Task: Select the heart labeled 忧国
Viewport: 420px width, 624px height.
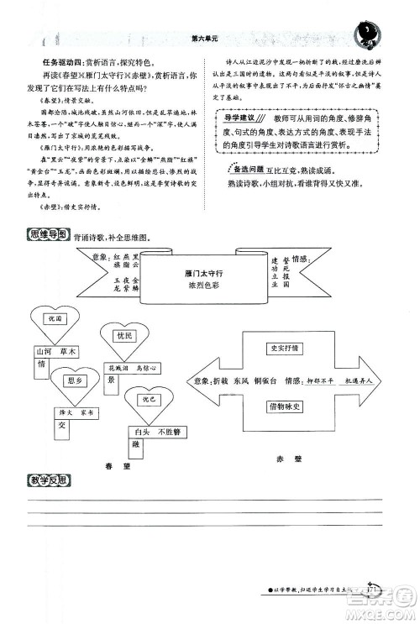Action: click(x=56, y=319)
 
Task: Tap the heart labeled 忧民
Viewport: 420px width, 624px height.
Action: click(x=125, y=335)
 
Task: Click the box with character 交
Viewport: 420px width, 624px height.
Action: click(x=61, y=426)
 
